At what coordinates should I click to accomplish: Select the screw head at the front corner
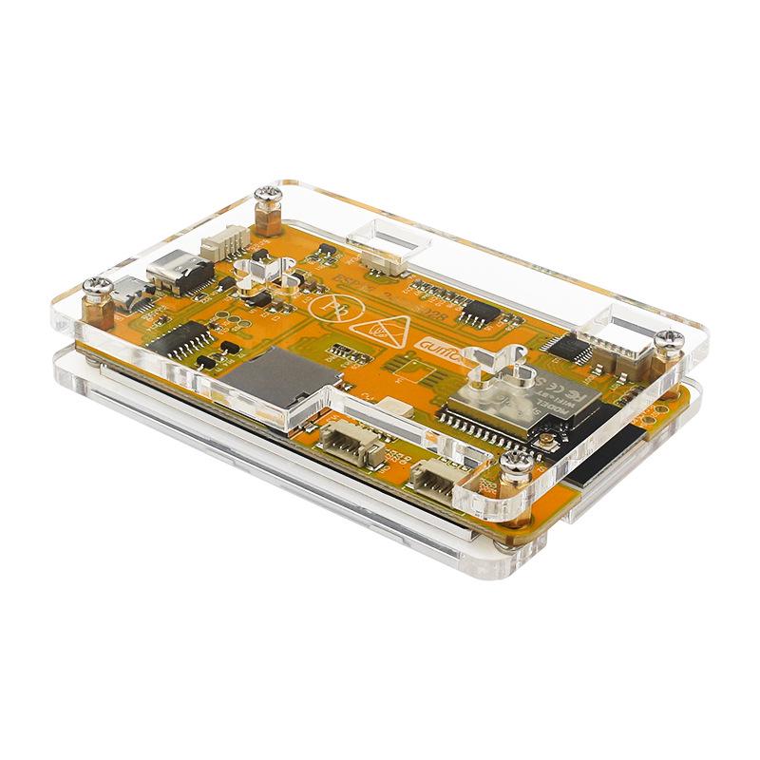pyautogui.click(x=519, y=465)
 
